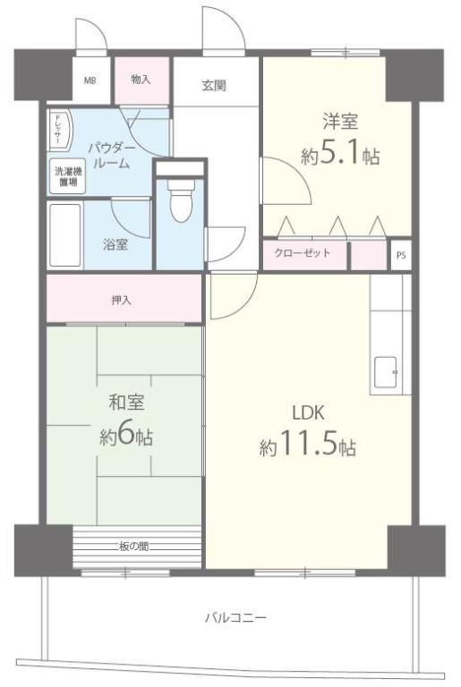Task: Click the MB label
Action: coord(90,81)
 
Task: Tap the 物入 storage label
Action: coord(141,80)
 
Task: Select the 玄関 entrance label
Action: coord(214,86)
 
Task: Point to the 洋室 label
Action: coord(340,122)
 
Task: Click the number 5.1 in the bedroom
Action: coord(339,153)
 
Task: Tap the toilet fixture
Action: coord(181,200)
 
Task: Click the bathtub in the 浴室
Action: coord(65,235)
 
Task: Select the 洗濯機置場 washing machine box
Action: coord(67,175)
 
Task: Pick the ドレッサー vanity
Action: coord(59,131)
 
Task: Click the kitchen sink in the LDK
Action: coord(386,372)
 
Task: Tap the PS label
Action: coord(401,255)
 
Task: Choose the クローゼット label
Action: coord(303,253)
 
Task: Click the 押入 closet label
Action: coord(121,301)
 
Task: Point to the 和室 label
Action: coord(126,403)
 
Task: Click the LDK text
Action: coord(308,412)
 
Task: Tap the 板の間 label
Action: coord(133,546)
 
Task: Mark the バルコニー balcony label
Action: coord(235,618)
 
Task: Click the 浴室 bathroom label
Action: coord(115,244)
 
